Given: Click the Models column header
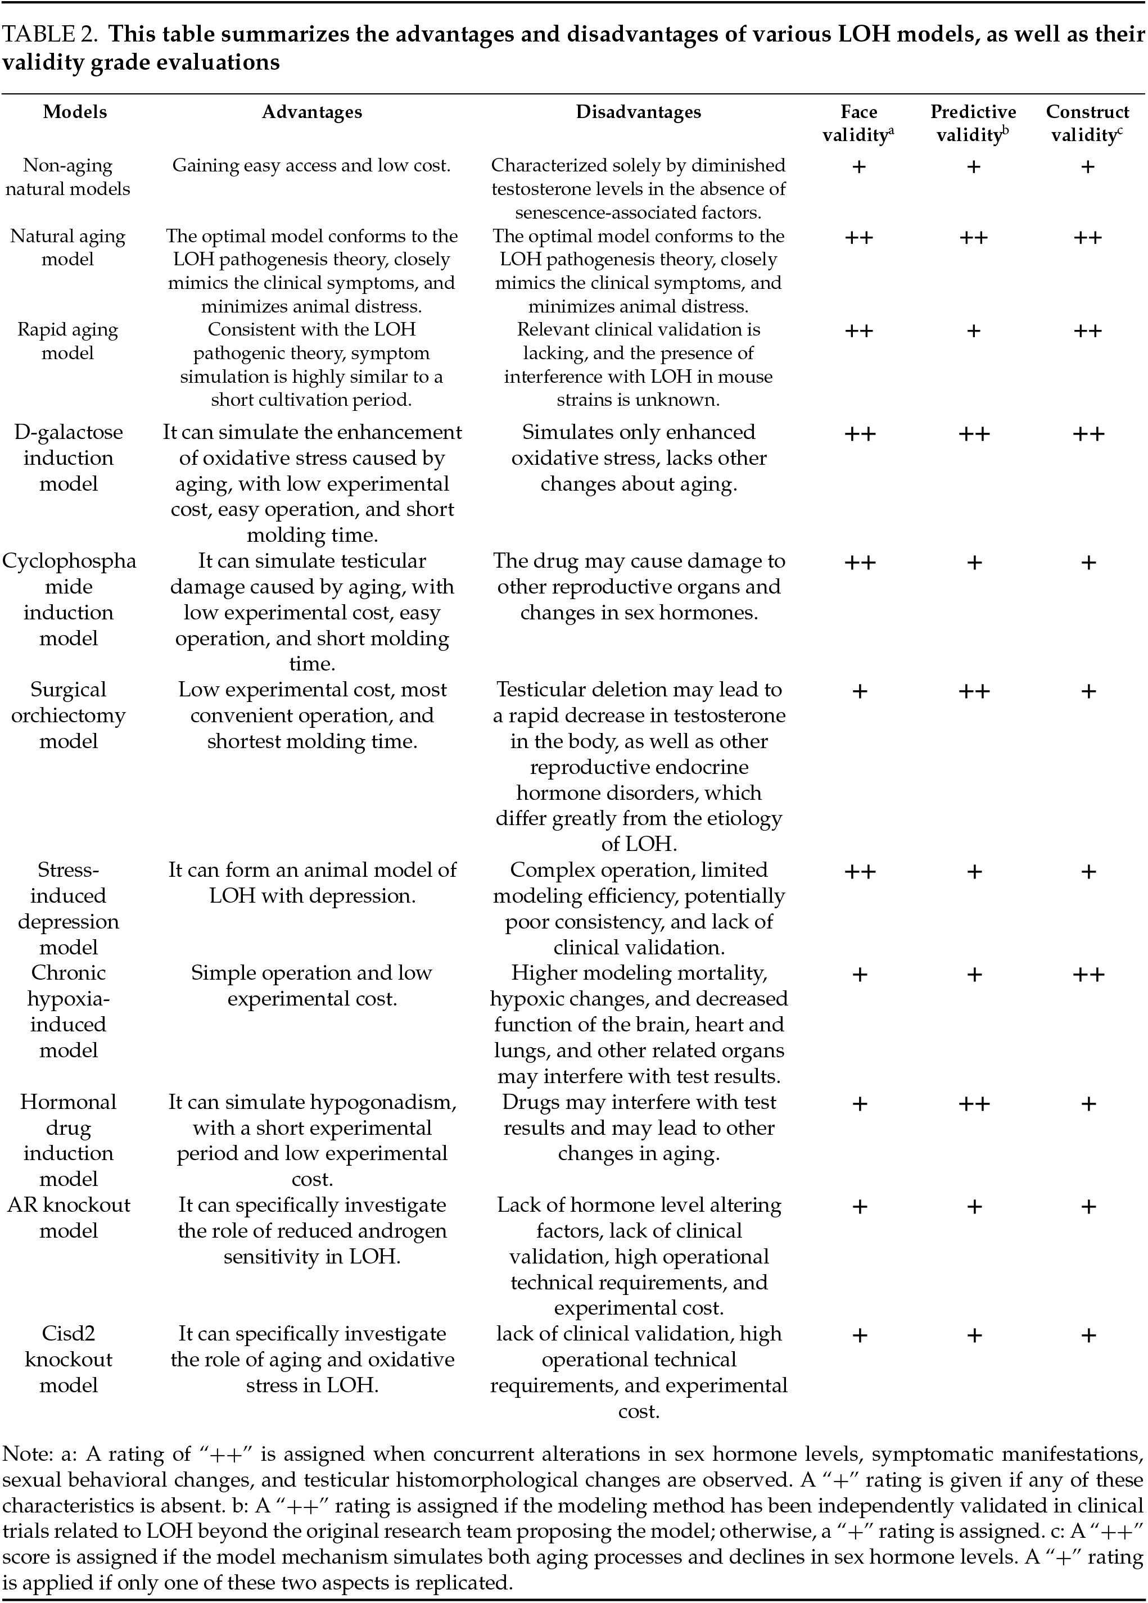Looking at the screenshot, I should click(75, 112).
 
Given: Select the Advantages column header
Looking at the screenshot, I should click(312, 112).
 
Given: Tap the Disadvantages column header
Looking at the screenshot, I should click(638, 112).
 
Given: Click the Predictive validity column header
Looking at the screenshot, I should click(973, 123).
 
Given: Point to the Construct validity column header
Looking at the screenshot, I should click(1087, 123).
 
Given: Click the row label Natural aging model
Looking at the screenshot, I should click(68, 247).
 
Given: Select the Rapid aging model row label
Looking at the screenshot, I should click(68, 341).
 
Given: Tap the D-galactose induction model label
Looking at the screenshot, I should click(68, 458).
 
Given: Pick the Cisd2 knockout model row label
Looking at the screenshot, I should click(68, 1359).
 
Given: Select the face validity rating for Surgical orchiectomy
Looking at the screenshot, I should click(859, 691).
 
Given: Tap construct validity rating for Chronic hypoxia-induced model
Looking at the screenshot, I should click(1088, 975).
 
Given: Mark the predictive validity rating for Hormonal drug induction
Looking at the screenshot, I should click(973, 1103).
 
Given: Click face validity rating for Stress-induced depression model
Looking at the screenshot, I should click(860, 871).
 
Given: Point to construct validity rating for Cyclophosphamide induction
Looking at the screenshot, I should click(1088, 563).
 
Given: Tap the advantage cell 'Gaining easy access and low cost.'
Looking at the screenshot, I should click(312, 165).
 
